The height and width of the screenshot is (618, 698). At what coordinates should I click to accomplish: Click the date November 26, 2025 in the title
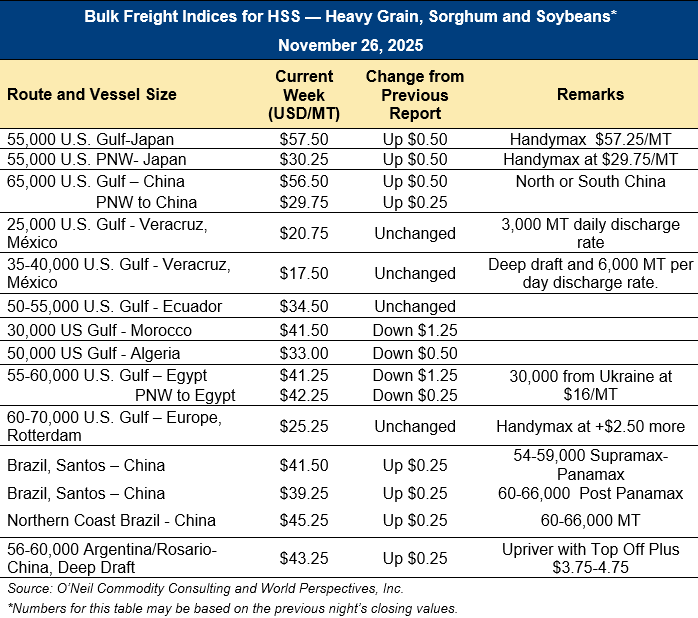pyautogui.click(x=350, y=45)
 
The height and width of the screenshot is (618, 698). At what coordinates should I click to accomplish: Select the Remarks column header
pyautogui.click(x=590, y=94)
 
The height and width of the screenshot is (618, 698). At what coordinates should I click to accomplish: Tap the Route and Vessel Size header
pyautogui.click(x=92, y=94)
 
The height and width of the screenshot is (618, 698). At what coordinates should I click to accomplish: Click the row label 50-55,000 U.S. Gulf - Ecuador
pyautogui.click(x=114, y=306)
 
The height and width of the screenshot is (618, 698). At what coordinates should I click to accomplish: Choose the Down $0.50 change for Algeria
pyautogui.click(x=414, y=353)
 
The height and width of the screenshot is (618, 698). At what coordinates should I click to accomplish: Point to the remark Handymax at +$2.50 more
pyautogui.click(x=590, y=426)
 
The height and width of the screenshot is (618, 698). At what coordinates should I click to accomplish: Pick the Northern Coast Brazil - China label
pyautogui.click(x=111, y=520)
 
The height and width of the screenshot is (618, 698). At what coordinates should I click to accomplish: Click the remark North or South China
pyautogui.click(x=590, y=181)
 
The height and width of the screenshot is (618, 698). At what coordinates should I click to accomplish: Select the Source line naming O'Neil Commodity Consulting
pyautogui.click(x=205, y=588)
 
